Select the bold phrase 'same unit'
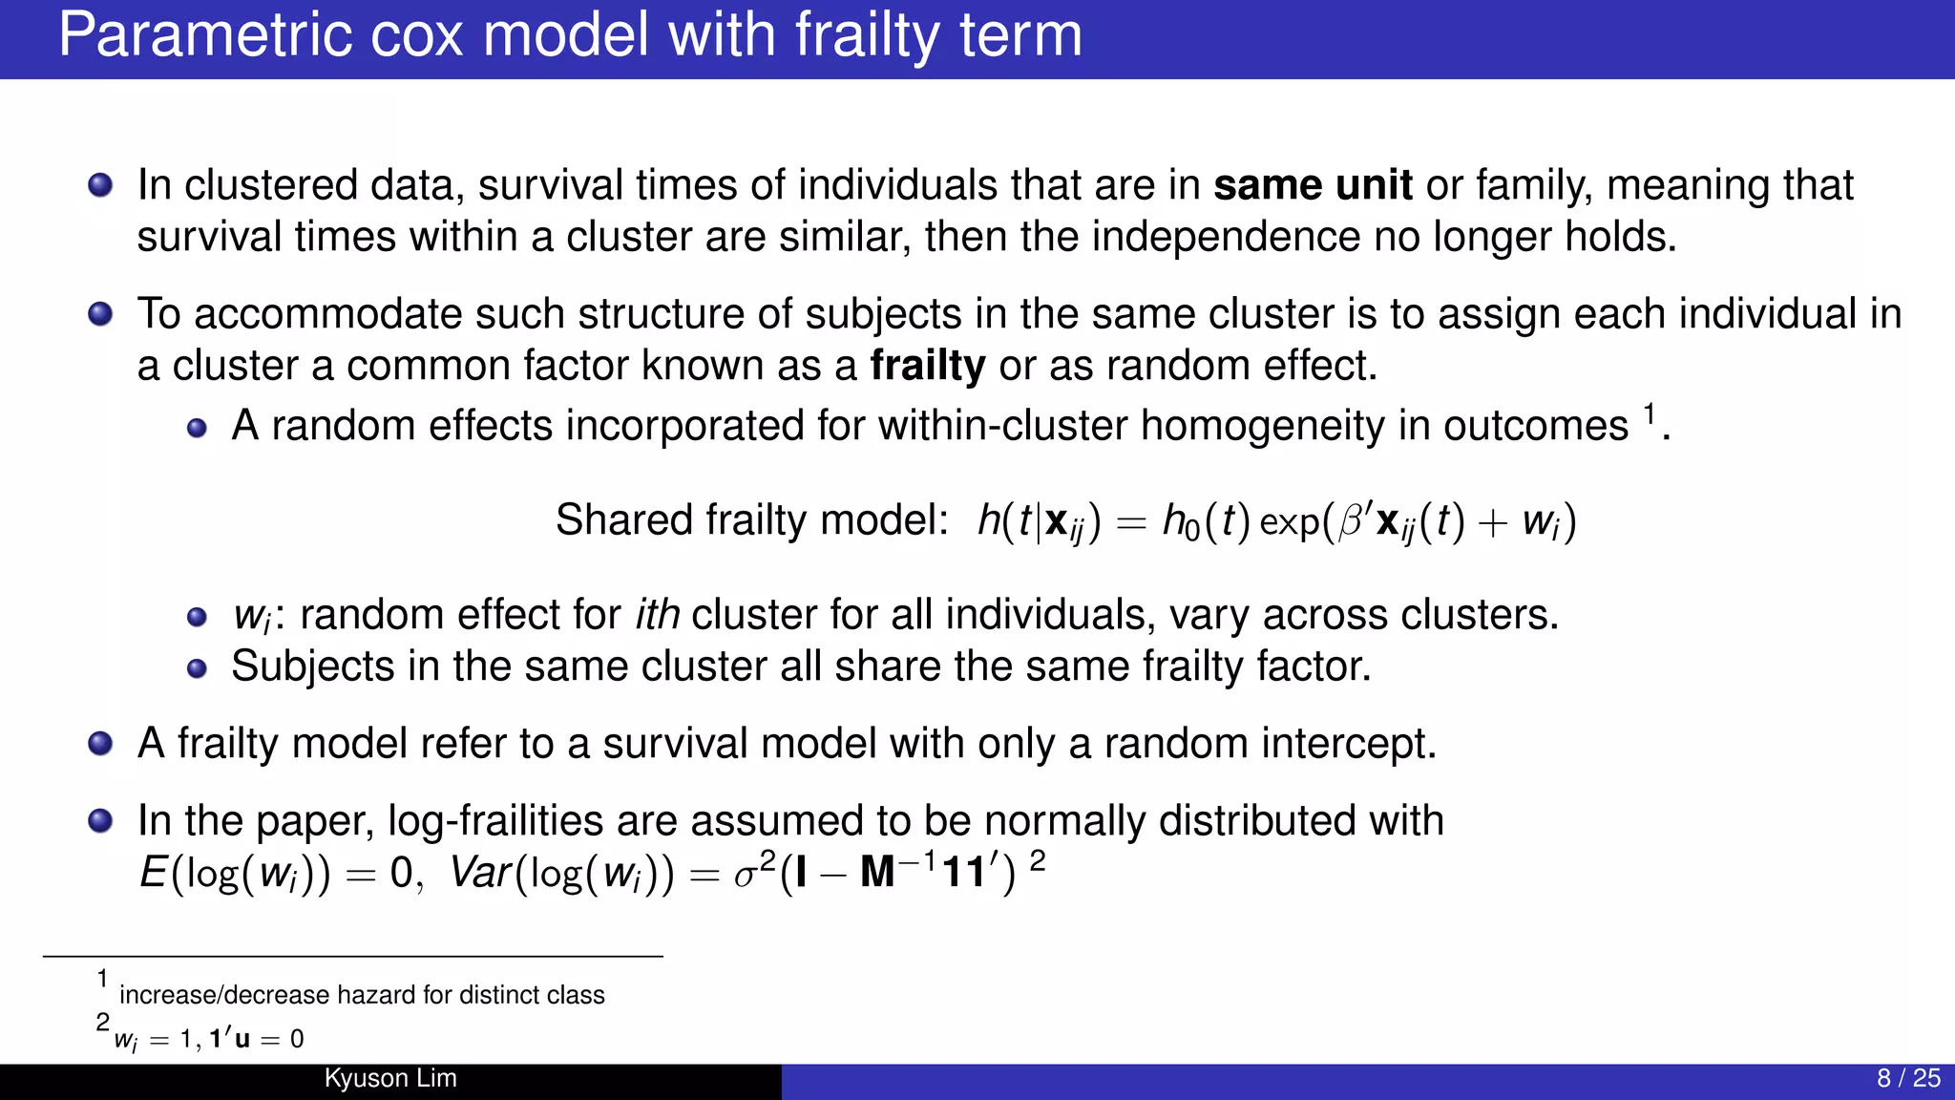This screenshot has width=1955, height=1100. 1313,185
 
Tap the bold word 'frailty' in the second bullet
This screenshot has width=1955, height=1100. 927,367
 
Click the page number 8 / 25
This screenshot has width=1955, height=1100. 1908,1078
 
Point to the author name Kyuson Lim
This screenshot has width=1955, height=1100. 390,1078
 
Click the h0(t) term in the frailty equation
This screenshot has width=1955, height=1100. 1206,521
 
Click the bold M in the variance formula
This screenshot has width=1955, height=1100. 877,873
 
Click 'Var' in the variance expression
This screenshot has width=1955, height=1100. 480,872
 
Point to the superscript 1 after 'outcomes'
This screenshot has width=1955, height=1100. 1649,413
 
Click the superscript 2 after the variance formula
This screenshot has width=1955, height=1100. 1038,861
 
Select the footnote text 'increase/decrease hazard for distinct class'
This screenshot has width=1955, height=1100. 362,995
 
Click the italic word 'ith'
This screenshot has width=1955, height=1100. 658,615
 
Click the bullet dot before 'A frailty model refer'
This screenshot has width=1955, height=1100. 100,743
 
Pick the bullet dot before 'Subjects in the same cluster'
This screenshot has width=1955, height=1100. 197,668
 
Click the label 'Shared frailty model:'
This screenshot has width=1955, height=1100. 751,521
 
